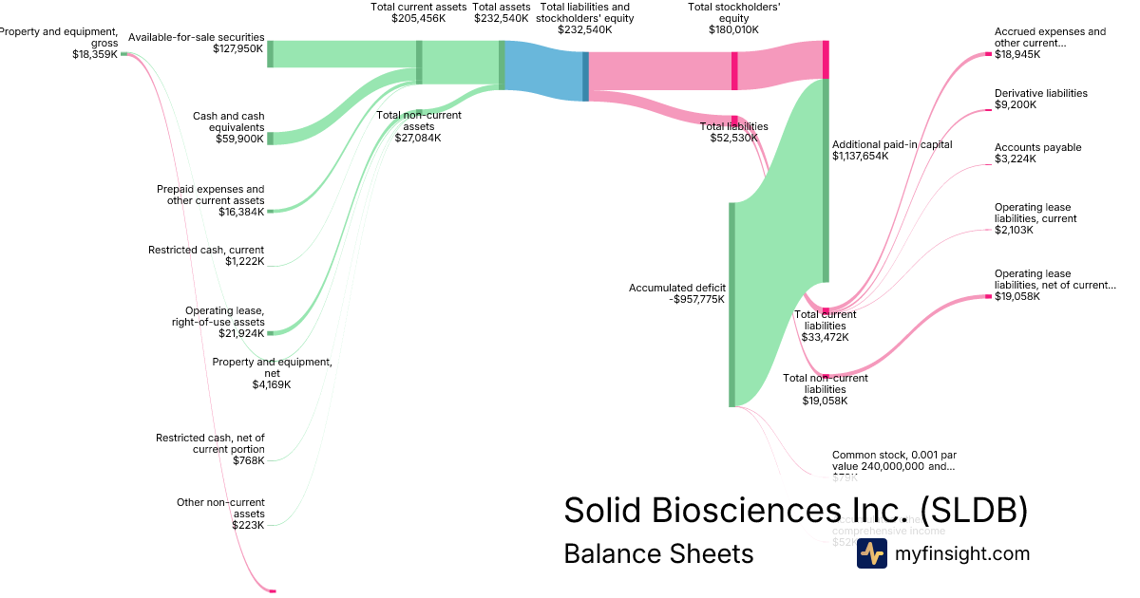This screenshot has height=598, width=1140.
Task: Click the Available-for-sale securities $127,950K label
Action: click(x=196, y=43)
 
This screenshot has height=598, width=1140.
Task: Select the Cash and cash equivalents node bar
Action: click(x=270, y=139)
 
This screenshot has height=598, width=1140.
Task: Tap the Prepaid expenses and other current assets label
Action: click(x=211, y=200)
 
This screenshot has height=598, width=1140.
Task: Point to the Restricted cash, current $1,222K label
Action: click(x=206, y=255)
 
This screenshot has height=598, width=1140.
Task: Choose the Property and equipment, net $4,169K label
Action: click(x=272, y=373)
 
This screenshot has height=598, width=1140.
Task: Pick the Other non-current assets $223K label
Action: click(x=220, y=513)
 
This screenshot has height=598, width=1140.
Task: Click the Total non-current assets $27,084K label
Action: click(x=419, y=126)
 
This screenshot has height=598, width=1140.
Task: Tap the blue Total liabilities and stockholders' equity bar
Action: click(x=585, y=76)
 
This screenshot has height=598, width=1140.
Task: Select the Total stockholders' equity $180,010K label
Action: click(x=733, y=18)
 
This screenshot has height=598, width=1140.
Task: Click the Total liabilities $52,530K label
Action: click(x=734, y=132)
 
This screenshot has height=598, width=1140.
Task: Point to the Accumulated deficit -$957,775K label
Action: click(x=677, y=292)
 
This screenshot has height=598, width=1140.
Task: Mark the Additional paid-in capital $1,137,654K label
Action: click(x=892, y=150)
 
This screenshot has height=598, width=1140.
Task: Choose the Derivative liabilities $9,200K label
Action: click(x=1040, y=99)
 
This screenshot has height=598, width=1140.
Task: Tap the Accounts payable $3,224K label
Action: click(x=1037, y=153)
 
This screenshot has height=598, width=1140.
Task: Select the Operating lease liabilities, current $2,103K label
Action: click(x=1035, y=218)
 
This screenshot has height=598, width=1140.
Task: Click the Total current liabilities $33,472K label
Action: click(x=825, y=326)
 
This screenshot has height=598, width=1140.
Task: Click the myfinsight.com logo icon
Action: click(x=871, y=553)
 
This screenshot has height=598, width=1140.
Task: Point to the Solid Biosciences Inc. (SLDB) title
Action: click(x=795, y=511)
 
